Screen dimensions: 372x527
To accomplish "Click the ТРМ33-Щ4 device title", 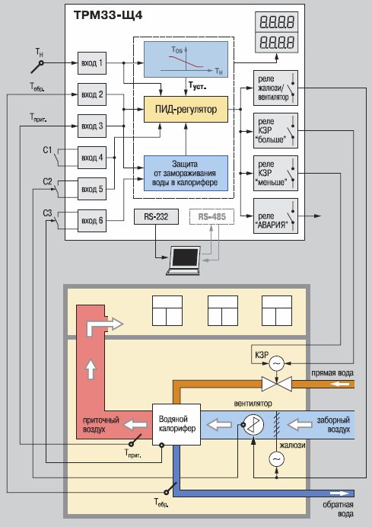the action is point(108,15).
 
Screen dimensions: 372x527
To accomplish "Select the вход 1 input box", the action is point(92,63).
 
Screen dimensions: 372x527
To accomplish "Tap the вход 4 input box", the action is point(92,158).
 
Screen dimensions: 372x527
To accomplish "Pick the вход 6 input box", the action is point(92,221).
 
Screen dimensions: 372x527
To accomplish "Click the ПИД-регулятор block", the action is point(186,109).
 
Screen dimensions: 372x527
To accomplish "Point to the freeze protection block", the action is point(186,173).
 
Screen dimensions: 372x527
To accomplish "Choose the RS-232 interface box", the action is point(156,217).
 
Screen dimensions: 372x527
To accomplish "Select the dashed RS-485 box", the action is point(211,217).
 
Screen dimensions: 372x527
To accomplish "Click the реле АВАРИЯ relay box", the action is point(275,216).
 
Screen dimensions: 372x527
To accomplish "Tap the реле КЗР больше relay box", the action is point(275,130).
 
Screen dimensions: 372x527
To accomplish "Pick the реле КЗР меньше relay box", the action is point(275,173).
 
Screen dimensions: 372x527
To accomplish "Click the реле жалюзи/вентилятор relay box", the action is point(275,88).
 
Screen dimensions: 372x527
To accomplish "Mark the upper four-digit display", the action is point(277,22).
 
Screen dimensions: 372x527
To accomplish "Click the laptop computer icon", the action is point(183,260).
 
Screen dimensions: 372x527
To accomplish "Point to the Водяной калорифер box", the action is point(176,424).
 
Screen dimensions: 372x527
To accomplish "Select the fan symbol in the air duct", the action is point(253,425).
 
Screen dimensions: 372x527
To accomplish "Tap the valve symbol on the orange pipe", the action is point(277,384).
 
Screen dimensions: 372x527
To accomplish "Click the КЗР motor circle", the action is point(277,363).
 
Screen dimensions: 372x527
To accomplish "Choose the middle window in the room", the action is point(223,311).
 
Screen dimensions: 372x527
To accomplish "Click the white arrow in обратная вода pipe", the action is point(339,493).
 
